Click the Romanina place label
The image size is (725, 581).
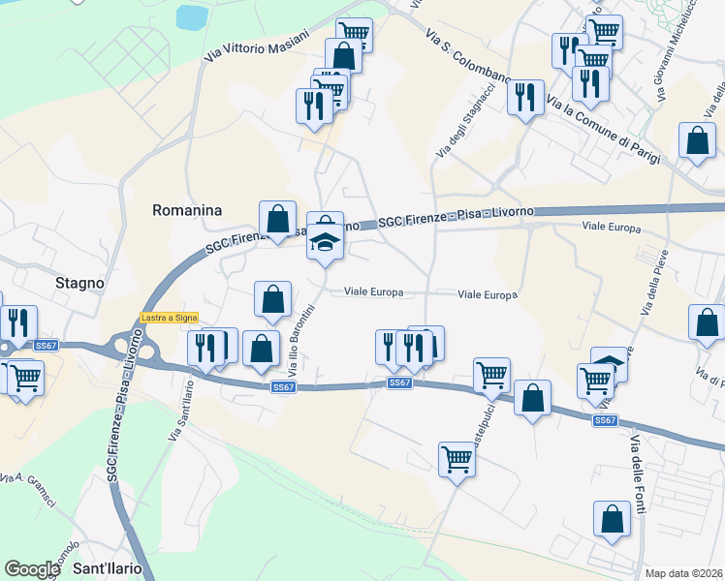pos(187,210)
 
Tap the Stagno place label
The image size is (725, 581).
pos(79,284)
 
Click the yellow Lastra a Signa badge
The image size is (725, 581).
pos(169,317)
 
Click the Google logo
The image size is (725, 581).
pos(32,569)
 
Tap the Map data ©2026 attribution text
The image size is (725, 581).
pos(684,573)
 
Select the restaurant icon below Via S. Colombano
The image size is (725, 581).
pos(525,97)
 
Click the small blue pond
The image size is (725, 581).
pos(192,16)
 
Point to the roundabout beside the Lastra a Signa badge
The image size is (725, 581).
pos(128,345)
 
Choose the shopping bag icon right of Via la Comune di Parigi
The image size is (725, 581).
pos(698,140)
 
